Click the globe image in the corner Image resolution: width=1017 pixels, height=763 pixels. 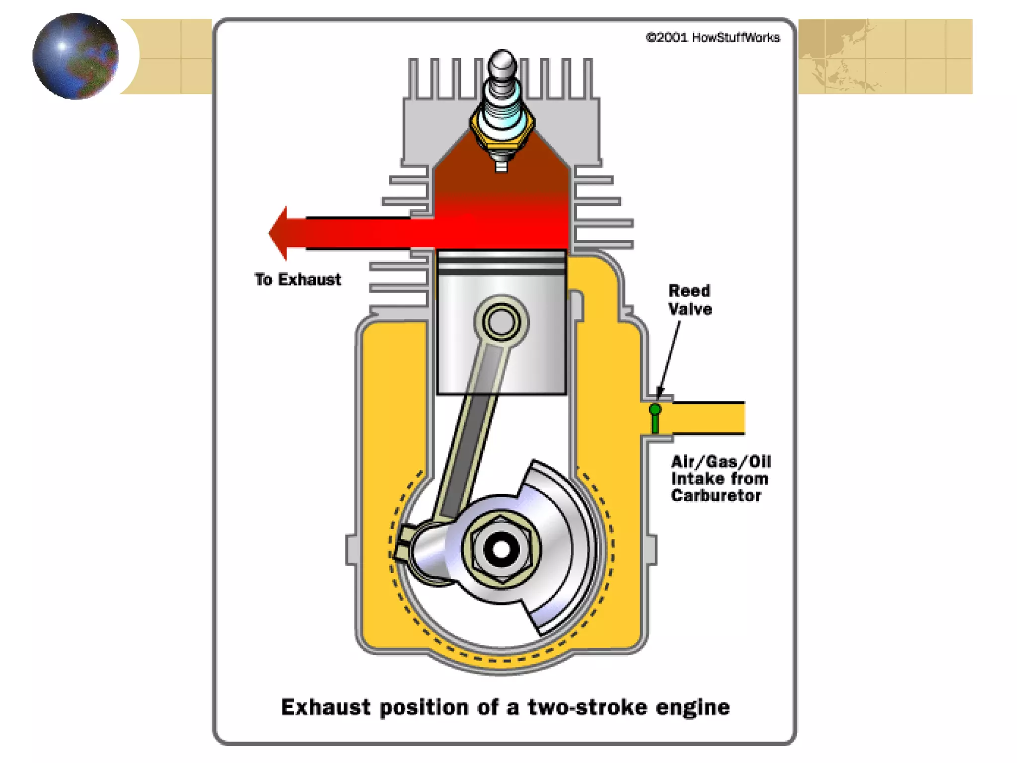(x=75, y=56)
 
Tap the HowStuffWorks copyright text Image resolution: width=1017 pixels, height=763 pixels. (x=713, y=38)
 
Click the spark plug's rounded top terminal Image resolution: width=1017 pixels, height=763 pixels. (x=502, y=63)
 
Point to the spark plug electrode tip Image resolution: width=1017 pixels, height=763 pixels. (x=502, y=166)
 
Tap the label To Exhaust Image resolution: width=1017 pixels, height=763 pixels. (x=298, y=280)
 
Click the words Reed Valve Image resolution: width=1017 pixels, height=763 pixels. (x=690, y=300)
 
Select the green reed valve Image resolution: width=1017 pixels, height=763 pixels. (x=655, y=418)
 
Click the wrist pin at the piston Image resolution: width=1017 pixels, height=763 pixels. (x=501, y=322)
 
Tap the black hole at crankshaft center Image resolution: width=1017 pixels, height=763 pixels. (x=501, y=549)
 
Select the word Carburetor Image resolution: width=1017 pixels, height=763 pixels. (x=716, y=496)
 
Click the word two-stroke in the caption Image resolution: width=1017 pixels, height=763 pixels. (x=587, y=707)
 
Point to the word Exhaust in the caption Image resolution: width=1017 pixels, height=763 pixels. (x=326, y=707)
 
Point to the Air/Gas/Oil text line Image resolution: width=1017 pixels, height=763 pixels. (x=721, y=462)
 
